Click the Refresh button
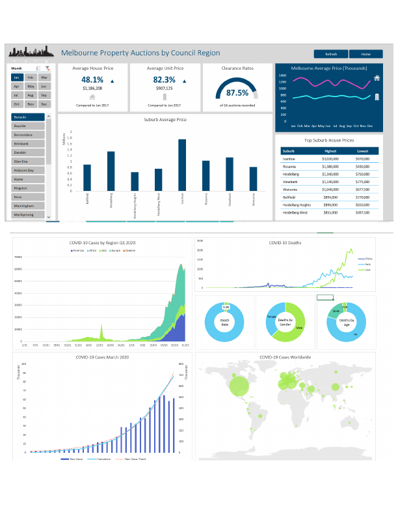tap(331, 54)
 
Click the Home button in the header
tap(365, 54)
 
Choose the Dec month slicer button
tap(44, 104)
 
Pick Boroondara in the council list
tap(27, 135)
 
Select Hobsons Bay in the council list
tap(27, 170)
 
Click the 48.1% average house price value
tap(92, 80)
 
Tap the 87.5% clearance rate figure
tap(237, 93)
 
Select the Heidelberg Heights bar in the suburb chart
tap(135, 181)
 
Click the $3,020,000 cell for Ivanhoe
tap(331, 158)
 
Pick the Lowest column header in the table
tap(363, 150)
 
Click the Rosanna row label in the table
tap(289, 166)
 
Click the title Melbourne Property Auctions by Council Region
tap(140, 53)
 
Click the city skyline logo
tap(30, 52)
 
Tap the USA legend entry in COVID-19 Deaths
tap(367, 269)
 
